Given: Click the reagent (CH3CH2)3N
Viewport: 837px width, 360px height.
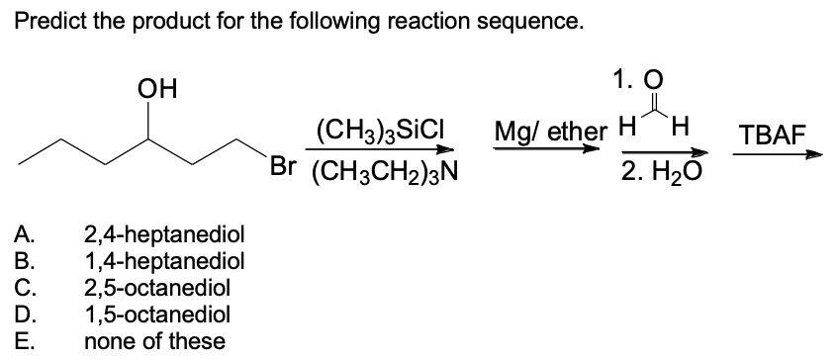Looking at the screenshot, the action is pos(383,171).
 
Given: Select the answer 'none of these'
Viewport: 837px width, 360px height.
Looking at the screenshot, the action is pos(153,342).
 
